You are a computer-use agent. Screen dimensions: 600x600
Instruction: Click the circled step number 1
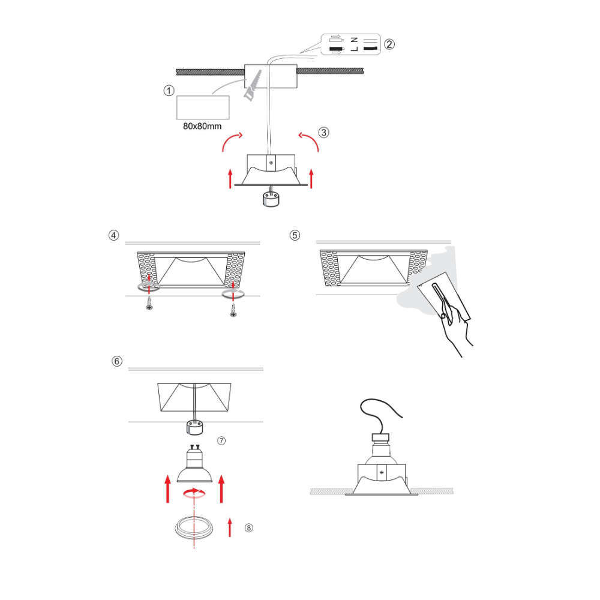coord(169,91)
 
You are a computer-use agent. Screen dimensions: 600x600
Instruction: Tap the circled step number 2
coord(389,44)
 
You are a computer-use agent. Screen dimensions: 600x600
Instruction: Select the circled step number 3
coord(324,133)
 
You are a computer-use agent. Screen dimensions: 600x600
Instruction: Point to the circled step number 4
coord(113,235)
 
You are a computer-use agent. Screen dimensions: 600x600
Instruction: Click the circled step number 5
coord(295,235)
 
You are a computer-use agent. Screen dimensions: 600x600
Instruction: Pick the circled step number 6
coord(117,361)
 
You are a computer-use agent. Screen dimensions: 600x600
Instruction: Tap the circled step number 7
coord(221,441)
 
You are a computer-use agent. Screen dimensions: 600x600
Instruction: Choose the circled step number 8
coord(249,528)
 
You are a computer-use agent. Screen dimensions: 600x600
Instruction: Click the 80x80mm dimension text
coord(202,126)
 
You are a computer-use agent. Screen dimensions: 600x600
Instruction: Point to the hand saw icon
coord(253,85)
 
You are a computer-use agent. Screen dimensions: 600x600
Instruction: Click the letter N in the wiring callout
coord(355,40)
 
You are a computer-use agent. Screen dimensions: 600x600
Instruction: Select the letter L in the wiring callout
coord(355,49)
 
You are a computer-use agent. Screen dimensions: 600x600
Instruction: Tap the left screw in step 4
coord(149,304)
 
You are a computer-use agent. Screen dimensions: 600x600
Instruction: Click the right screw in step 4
coord(233,310)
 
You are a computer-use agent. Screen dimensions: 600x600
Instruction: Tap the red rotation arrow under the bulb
coord(194,493)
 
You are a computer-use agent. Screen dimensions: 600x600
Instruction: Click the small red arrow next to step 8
coord(230,527)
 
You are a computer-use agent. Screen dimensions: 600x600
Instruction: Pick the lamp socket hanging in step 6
coord(194,427)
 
